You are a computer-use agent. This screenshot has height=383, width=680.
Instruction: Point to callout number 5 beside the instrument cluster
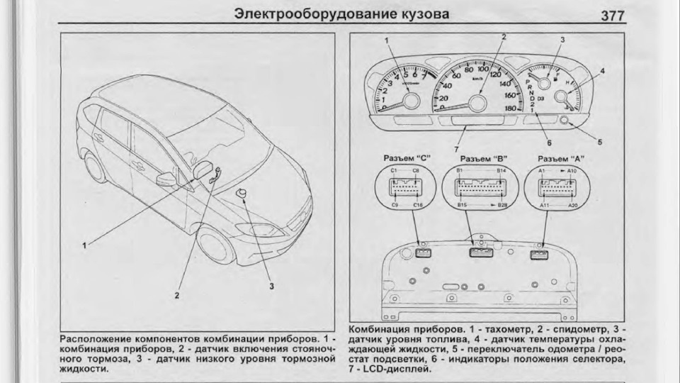(600, 142)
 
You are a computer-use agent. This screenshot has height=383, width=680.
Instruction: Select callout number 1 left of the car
(84, 245)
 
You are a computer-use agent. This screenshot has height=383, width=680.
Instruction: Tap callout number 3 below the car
(270, 286)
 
